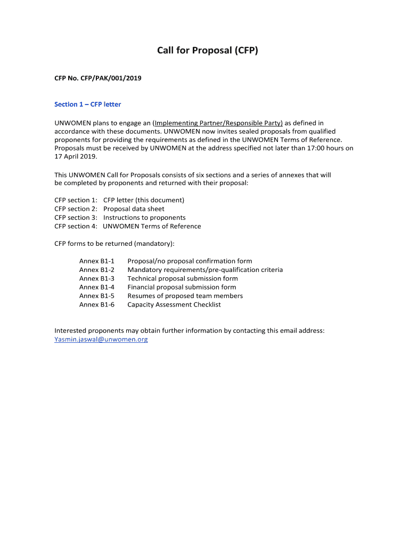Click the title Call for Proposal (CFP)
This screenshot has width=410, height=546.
tap(207, 51)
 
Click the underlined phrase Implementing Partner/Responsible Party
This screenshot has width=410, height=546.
tap(218, 123)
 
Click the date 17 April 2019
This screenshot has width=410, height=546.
tap(77, 157)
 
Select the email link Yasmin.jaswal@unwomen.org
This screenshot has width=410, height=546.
tap(101, 339)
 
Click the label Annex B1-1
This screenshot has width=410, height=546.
tap(97, 261)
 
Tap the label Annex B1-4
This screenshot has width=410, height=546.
tap(97, 287)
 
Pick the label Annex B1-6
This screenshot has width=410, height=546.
tap(97, 305)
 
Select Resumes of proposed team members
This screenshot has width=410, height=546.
tap(185, 296)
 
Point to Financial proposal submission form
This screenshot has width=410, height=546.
tap(182, 287)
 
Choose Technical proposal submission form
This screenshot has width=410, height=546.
tap(182, 278)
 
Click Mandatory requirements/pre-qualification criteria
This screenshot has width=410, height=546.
tap(205, 270)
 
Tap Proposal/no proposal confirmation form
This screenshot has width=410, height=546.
tap(190, 261)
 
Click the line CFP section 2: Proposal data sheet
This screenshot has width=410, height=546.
tap(109, 209)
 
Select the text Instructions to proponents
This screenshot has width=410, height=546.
tap(144, 218)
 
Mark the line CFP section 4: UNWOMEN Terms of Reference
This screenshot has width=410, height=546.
tap(128, 226)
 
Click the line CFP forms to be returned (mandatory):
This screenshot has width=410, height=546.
tap(114, 244)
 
